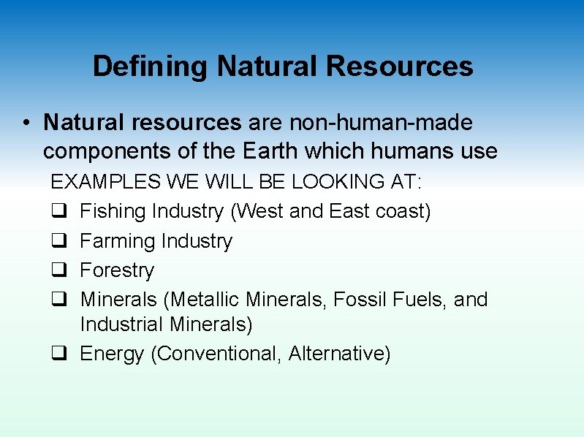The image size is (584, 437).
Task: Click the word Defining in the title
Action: pos(150,66)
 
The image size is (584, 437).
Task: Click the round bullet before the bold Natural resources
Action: pos(26,123)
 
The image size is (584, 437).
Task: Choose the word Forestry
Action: pos(117,270)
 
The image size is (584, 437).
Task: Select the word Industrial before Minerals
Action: pos(122,324)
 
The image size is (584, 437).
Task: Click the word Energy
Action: pos(113,354)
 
